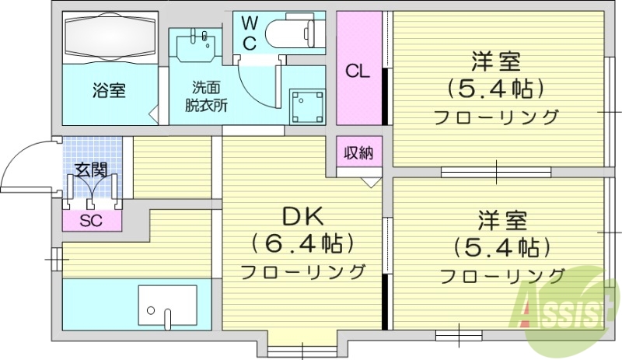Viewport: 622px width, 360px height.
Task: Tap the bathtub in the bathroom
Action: tap(108, 37)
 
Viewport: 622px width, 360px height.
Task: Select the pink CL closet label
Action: tap(357, 72)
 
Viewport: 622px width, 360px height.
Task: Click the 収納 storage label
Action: tap(358, 152)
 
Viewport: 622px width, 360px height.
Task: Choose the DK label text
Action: tap(301, 215)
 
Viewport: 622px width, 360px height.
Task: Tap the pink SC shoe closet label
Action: tap(92, 220)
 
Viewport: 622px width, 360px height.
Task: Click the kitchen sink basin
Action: tap(167, 306)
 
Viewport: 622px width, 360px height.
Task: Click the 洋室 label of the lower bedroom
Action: tap(501, 220)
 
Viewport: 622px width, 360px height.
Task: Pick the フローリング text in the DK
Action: tap(302, 272)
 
